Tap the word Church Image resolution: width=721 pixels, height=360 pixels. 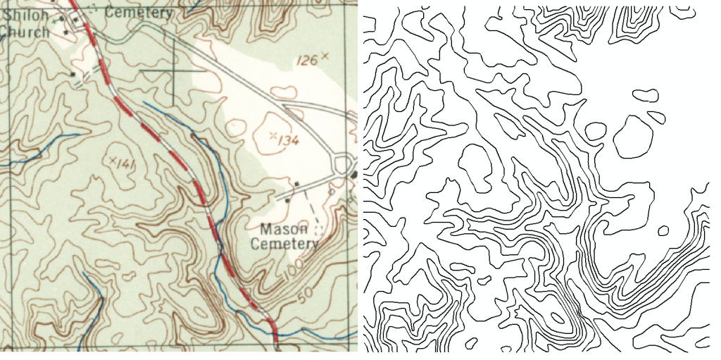coord(23,32)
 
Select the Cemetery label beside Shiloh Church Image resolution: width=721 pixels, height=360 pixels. coord(138,13)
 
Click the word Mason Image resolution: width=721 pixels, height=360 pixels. coord(284,230)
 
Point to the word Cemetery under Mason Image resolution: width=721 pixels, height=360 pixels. coord(284,244)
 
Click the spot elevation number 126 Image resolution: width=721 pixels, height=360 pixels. coord(306,61)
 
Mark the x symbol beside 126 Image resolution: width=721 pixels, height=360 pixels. coord(325,55)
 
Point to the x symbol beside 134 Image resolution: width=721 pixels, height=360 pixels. coord(273,134)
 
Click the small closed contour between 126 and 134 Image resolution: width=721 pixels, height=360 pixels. coord(284,92)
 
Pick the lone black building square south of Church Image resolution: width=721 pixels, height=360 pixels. coord(73,73)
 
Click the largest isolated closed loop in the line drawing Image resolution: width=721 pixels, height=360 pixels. coord(634,137)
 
